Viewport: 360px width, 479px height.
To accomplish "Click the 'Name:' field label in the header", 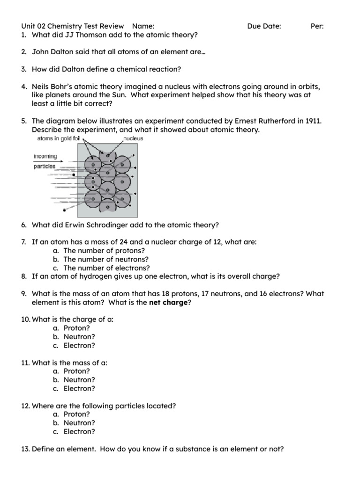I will pyautogui.click(x=143, y=26).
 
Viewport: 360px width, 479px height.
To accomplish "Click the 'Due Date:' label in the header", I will pyautogui.click(x=264, y=26).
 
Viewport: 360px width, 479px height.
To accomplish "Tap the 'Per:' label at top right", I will pyautogui.click(x=317, y=26).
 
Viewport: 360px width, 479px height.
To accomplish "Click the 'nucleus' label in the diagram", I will pyautogui.click(x=133, y=139).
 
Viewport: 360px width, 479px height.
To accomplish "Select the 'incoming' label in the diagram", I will pyautogui.click(x=45, y=156).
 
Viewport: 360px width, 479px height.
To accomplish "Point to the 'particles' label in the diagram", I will pyautogui.click(x=45, y=166).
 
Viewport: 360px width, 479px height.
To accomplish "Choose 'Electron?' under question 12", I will pyautogui.click(x=79, y=432).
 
